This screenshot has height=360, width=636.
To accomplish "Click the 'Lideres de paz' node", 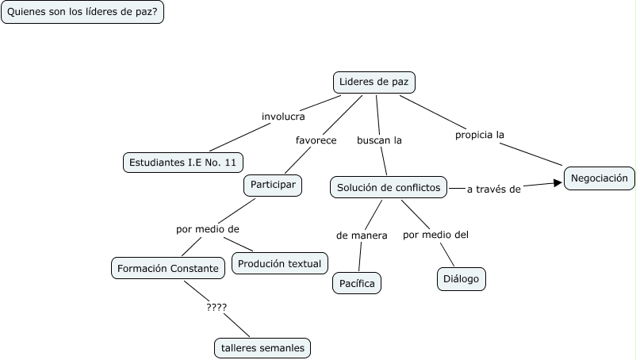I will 374,82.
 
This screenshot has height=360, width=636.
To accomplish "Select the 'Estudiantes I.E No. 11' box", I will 183,163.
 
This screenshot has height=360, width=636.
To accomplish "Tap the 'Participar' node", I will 273,185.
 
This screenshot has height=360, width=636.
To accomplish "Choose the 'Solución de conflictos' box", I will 389,187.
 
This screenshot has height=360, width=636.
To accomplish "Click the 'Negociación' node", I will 599,178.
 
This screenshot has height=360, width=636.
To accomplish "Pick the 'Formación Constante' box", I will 167,268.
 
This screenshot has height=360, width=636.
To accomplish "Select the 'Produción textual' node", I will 280,263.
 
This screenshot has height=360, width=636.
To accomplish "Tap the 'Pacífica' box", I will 357,282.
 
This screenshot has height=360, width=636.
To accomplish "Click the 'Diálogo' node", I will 462,279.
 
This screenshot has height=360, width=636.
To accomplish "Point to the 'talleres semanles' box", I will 262,347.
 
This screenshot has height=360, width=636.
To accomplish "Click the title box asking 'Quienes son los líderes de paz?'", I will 82,12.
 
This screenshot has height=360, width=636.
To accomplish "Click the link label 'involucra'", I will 283,117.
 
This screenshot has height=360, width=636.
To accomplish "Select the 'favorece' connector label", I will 316,140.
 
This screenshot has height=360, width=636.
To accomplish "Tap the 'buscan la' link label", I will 379,140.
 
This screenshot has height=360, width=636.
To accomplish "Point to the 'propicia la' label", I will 480,135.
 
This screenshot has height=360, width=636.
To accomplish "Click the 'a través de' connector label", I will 492,189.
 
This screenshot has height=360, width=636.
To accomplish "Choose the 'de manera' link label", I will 362,236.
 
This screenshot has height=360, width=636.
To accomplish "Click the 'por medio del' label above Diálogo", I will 436,234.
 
